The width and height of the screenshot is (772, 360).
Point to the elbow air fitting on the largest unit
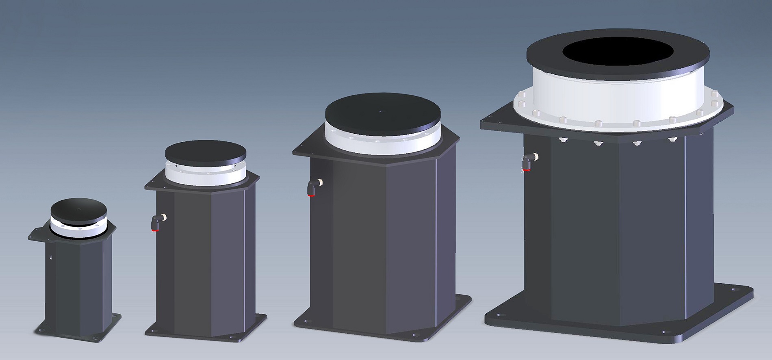(x=528, y=162)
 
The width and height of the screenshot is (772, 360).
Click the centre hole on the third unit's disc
(x=380, y=111)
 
